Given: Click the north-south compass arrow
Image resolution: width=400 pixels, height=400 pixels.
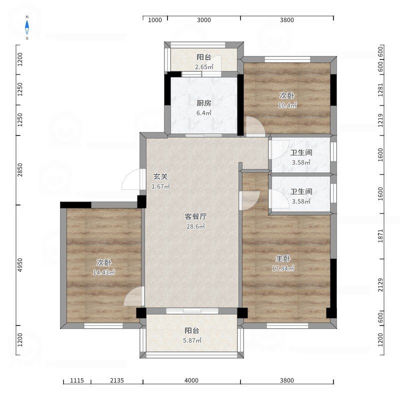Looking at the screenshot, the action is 27,27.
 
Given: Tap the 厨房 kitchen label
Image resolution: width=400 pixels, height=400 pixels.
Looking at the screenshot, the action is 204,103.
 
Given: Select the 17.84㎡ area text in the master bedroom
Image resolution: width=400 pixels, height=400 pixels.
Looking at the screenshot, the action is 283,268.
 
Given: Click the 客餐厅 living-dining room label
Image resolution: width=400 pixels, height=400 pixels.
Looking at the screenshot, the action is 195,216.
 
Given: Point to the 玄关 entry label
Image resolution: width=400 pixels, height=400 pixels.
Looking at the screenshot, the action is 160,176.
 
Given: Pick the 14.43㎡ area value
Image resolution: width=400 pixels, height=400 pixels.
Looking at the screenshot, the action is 104,272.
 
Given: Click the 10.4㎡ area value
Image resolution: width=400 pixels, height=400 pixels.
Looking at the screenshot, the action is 287,105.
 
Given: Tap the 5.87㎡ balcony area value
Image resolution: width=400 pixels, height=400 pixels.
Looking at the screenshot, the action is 192,340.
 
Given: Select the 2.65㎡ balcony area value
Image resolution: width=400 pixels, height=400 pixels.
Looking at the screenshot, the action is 204,67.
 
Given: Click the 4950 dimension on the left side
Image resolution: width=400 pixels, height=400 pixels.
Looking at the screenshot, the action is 20,265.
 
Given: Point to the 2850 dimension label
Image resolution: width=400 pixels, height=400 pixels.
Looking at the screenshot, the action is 20,170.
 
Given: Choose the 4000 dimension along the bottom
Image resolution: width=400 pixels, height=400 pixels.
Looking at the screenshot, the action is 191,380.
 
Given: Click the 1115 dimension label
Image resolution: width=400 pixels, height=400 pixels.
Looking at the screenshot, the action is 77,380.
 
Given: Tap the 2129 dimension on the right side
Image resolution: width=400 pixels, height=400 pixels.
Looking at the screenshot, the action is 380,284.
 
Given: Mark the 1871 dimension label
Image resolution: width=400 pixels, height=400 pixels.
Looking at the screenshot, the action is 380,236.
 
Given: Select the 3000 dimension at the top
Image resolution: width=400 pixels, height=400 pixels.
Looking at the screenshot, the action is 204,20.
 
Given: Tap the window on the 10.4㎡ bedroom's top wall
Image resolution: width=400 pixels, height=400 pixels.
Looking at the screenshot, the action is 287,59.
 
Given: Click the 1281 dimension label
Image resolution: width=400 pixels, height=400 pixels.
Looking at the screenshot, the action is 380,90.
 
